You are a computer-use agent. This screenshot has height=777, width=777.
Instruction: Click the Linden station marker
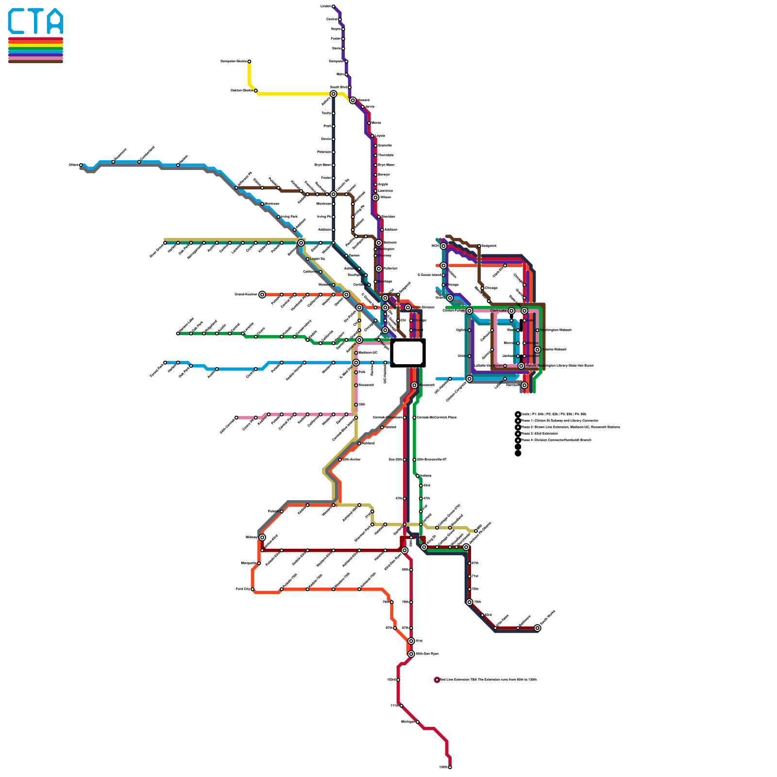coord(333,6)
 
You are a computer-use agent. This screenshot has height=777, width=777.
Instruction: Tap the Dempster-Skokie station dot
coord(249,62)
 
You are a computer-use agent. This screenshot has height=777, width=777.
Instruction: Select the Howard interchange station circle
coord(353,101)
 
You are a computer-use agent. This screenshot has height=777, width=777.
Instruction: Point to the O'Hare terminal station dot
coord(81,165)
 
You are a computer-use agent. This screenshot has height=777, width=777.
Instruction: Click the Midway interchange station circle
coord(262,537)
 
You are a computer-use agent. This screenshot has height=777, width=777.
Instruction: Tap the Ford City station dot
coord(253,590)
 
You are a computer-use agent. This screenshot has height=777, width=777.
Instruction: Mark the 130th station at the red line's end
coord(450,767)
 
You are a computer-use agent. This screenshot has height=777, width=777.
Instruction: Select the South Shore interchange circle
coord(537,628)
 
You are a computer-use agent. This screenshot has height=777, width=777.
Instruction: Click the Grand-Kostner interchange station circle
coord(262,295)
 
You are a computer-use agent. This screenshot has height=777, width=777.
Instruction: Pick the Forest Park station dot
coord(165,362)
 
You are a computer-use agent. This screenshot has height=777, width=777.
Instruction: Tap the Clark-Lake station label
coord(498,311)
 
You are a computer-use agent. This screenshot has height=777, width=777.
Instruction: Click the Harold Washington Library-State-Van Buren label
coord(559,366)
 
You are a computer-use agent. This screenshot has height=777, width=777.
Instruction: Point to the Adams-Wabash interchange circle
coord(537,350)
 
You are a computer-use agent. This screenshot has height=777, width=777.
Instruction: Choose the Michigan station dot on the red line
coord(417,722)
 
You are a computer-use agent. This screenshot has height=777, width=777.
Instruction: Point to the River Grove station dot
coord(165,243)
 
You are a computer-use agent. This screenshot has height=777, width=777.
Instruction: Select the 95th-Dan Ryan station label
coord(427,654)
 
